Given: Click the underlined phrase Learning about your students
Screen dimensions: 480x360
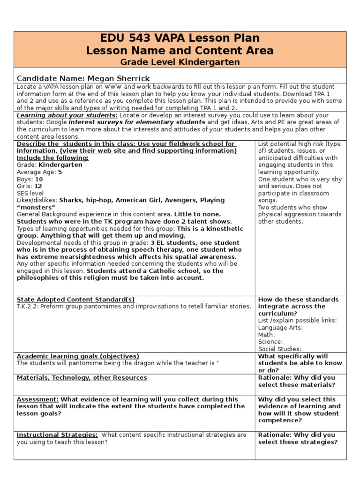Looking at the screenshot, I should coord(67,115).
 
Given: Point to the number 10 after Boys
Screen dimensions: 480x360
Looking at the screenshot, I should coord(39,179).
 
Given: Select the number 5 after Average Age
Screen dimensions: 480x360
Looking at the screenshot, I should coord(60,172).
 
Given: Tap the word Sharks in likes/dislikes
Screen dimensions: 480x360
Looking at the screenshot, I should coord(71,200).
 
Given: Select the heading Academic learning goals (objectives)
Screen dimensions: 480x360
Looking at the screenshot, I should coord(78,356).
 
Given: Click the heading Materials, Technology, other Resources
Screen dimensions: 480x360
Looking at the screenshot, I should coord(82,377).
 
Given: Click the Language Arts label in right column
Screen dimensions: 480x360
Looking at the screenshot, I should coord(280,328).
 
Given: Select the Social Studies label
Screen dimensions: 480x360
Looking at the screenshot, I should coord(279,349).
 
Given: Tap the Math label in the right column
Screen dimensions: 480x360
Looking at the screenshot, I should coord(266,335).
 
